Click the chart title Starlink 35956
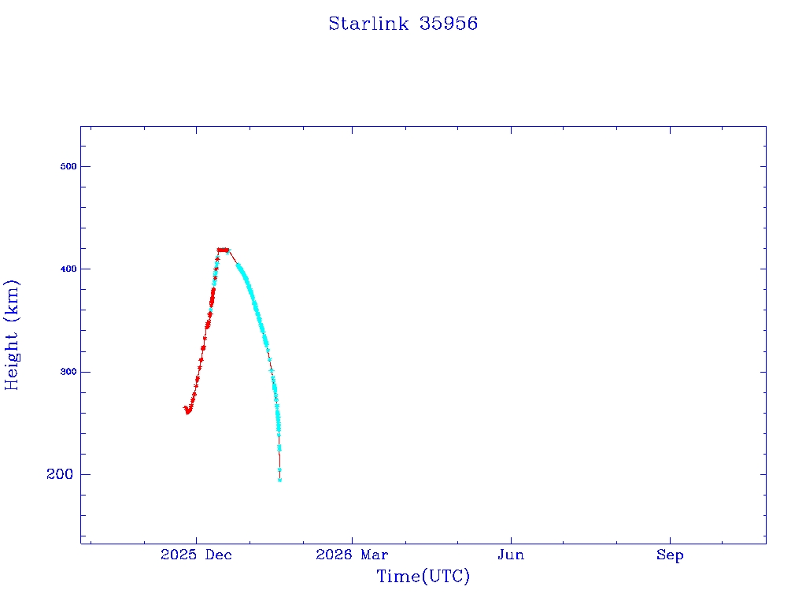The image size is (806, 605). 403,24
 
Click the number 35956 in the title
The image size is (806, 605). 448,24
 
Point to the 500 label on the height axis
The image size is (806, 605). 68,166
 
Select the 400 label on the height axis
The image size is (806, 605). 68,269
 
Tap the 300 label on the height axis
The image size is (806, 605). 68,372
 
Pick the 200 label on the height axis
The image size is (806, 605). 60,473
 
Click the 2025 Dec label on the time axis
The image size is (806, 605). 196,555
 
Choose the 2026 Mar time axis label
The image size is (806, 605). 352,555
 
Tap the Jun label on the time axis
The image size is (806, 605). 511,555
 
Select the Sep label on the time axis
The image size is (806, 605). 670,555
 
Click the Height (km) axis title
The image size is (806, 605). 11,335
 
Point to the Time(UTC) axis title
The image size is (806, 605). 423,576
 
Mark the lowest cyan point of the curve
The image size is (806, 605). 279,480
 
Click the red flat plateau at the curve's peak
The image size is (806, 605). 223,250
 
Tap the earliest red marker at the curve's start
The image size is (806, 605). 185,407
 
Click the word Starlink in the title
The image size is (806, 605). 368,24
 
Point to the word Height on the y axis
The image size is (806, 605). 11,361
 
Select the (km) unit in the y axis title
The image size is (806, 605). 11,301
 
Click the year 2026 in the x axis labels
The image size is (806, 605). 334,555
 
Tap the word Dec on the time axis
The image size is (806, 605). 219,555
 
